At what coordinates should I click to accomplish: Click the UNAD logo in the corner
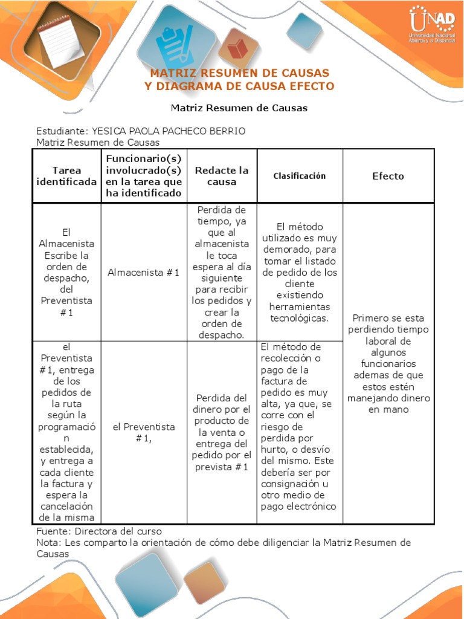(x=431, y=26)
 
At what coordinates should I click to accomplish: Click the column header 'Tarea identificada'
(x=66, y=176)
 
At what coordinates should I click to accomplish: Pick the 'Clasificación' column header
(x=300, y=176)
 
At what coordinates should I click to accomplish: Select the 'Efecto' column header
(x=388, y=176)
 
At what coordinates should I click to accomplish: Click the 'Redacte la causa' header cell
(x=222, y=176)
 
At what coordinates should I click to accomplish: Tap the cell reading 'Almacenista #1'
(x=144, y=273)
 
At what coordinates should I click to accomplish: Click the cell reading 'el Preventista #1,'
(x=144, y=432)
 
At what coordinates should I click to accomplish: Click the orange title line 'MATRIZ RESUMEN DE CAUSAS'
(x=239, y=73)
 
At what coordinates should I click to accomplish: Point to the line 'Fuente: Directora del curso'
(x=99, y=531)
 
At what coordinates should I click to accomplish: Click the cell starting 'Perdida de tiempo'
(x=222, y=273)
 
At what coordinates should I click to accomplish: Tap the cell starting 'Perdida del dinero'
(x=222, y=432)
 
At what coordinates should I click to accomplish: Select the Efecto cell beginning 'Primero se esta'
(x=388, y=363)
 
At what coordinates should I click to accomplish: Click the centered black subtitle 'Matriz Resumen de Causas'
(x=239, y=108)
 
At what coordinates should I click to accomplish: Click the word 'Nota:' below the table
(x=49, y=542)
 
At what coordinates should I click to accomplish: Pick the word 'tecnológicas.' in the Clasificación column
(x=300, y=318)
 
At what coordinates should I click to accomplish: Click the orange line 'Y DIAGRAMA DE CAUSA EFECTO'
(x=239, y=86)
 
